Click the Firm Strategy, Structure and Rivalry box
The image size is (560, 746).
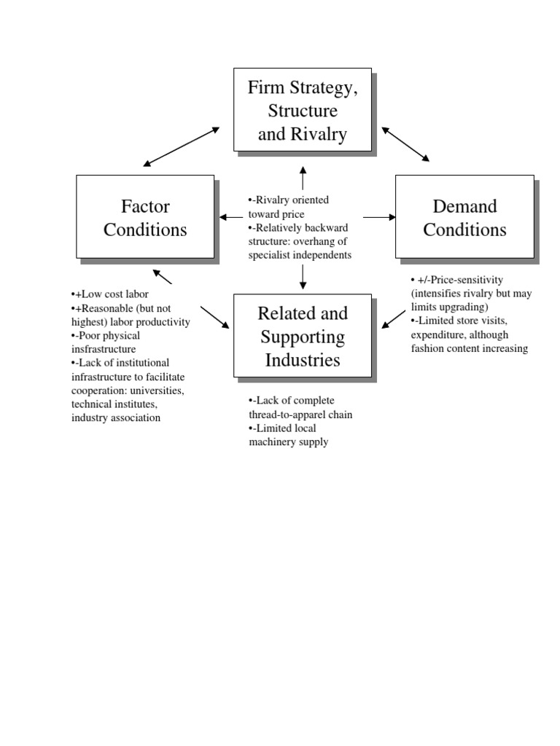coord(302,110)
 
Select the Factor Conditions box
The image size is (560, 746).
coord(145,216)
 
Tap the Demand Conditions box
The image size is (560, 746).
coord(464,216)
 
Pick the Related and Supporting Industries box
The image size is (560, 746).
coord(302,336)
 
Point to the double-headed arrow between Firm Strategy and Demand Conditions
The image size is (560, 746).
coord(405,144)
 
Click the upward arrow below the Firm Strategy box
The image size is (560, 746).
coord(303,178)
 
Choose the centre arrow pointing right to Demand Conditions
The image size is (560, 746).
coord(379,216)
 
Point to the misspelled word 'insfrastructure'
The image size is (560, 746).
coord(104,350)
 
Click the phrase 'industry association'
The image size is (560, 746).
coord(116,418)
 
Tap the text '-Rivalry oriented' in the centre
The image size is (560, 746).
coord(290,200)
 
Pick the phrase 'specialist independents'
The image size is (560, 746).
coord(300,255)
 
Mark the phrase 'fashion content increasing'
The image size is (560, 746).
coord(470,349)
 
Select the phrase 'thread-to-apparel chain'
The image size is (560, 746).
coord(301,415)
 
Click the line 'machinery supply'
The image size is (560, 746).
coord(289,442)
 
